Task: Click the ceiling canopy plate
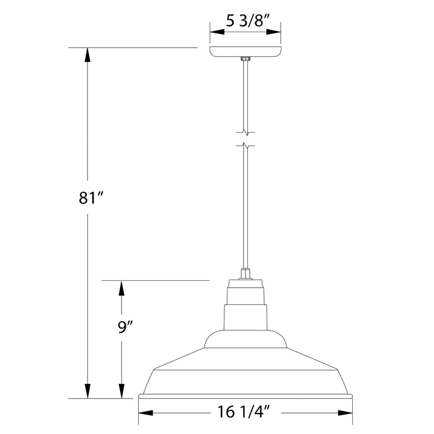246,51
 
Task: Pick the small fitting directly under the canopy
246,60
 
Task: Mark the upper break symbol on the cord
246,131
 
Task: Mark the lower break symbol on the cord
246,146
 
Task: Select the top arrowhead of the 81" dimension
87,54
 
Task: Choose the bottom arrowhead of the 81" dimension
87,391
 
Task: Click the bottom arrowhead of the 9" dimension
122,391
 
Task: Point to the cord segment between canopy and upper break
246,93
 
